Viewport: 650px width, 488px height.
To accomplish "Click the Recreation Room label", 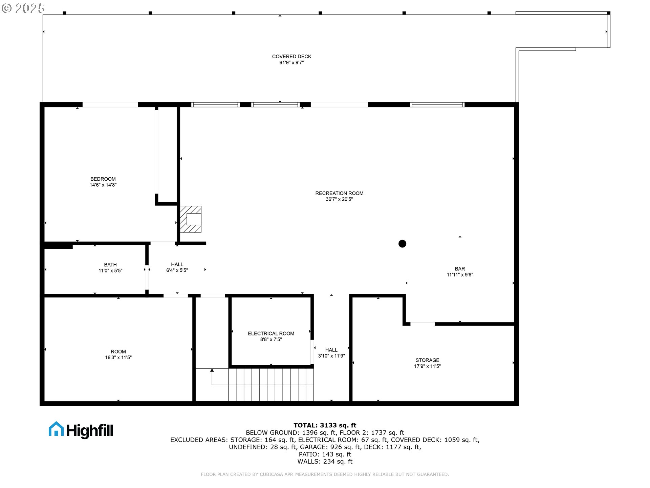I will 339,193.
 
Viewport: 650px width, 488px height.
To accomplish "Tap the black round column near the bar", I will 402,244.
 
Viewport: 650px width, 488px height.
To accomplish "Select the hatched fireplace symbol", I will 191,219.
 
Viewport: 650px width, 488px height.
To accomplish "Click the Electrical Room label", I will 271,333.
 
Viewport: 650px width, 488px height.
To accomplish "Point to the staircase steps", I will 271,385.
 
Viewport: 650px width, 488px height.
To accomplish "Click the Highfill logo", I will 81,430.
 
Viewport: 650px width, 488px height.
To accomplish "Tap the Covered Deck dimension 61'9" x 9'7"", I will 291,63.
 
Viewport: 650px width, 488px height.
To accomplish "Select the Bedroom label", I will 103,179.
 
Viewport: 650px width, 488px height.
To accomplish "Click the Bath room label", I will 110,265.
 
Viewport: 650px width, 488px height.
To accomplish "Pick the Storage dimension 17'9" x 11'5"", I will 427,366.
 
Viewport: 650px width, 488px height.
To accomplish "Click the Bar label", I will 460,269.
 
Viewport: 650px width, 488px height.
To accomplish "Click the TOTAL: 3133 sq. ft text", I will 325,425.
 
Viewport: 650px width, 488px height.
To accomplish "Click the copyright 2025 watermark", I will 23,8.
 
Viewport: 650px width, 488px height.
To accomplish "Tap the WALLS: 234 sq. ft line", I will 325,462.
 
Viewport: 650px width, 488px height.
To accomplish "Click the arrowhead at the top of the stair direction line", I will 212,370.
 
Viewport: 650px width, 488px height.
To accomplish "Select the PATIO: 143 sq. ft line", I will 325,454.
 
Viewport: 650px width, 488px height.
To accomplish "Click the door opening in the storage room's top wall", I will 422,324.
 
